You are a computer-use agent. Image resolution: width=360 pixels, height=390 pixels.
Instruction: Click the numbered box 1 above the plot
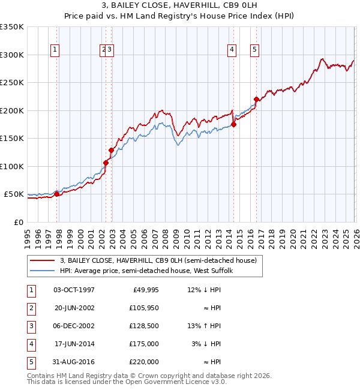coord(55,50)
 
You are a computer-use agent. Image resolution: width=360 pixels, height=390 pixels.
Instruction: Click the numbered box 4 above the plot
coord(232,50)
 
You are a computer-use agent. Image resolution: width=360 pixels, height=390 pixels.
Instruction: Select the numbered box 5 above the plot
coord(255,50)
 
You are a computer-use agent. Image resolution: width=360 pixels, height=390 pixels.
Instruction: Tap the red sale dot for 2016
coord(256,100)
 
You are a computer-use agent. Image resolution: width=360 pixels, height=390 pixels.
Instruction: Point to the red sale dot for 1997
coord(57,194)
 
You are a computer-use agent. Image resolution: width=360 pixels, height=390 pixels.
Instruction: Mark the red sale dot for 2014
coord(233,125)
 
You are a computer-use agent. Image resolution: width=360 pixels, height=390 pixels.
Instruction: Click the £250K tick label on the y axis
coord(12,83)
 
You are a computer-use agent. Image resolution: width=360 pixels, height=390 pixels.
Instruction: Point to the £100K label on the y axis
coord(12,166)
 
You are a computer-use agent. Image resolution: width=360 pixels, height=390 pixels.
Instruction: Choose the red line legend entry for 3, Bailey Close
coord(158,260)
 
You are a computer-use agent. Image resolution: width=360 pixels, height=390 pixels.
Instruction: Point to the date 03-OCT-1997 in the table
coord(74,290)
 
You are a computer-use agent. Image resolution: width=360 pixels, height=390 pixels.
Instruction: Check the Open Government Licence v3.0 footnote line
coord(127,382)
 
